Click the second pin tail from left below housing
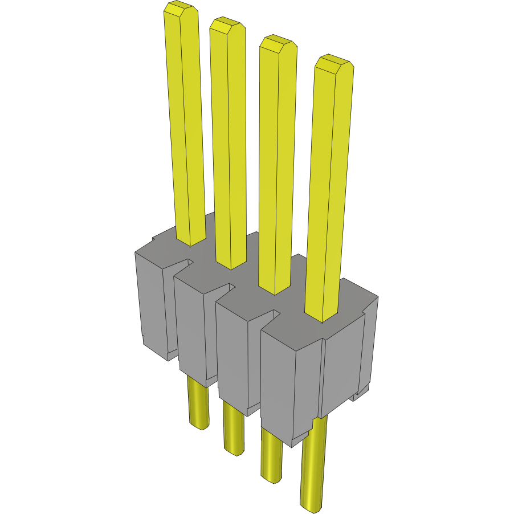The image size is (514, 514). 232,427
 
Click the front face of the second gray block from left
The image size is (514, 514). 189,325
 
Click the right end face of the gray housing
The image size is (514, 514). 342,365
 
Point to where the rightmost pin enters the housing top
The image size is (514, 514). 322,316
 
